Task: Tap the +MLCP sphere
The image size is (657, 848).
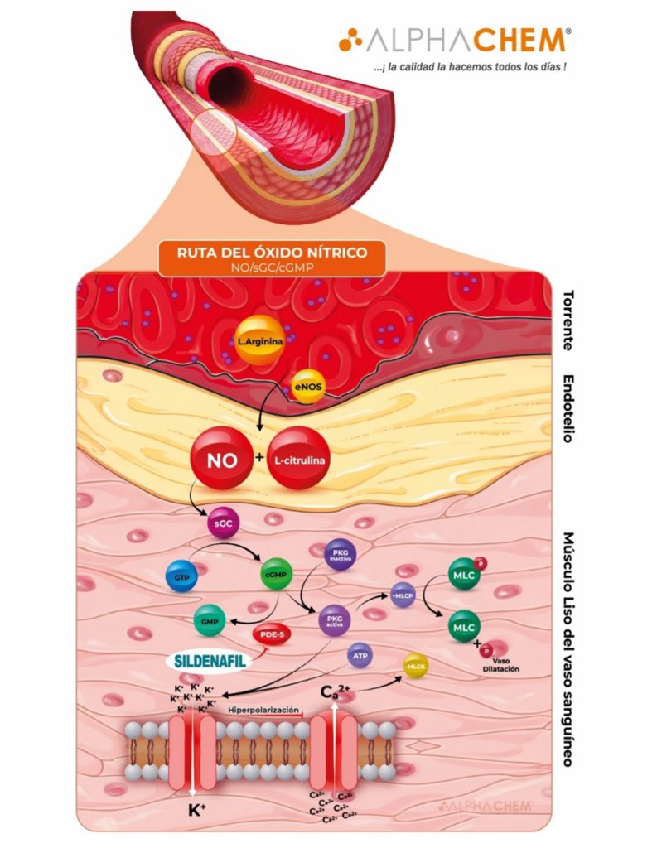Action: pos(403,595)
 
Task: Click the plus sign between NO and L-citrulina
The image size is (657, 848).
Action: pos(260,455)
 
